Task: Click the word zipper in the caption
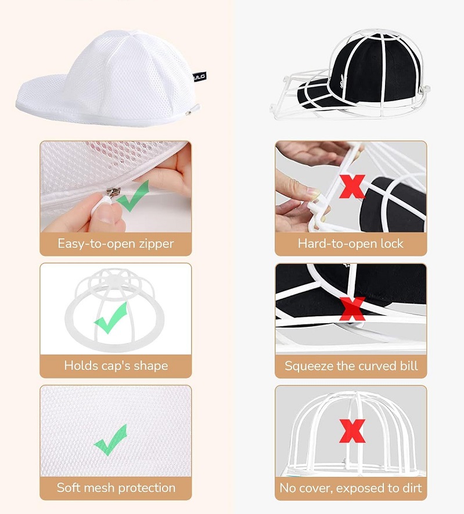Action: [x=156, y=244]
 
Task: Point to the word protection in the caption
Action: [x=147, y=488]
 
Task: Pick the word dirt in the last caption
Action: [x=412, y=488]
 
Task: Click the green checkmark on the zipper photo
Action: [x=132, y=196]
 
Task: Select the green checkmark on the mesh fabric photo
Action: [x=110, y=440]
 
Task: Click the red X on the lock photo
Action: [x=352, y=187]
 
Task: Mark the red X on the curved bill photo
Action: [x=352, y=309]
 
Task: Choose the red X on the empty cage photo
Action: [x=352, y=431]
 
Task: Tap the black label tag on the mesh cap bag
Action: [x=199, y=77]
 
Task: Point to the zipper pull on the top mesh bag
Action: [x=193, y=110]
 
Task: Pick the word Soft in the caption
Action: [x=67, y=487]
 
